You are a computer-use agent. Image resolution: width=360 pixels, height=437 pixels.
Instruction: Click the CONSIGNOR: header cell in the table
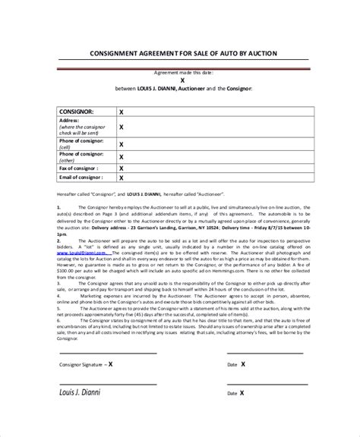point(77,110)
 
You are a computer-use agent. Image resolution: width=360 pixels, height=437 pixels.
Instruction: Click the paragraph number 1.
point(58,206)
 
